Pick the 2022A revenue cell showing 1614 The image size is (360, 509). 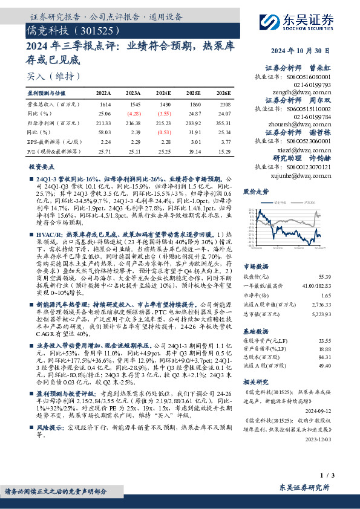click(x=103, y=105)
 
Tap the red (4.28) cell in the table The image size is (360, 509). click(x=134, y=113)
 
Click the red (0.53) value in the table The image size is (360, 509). click(x=165, y=131)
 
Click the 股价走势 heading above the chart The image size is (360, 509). click(x=273, y=190)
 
